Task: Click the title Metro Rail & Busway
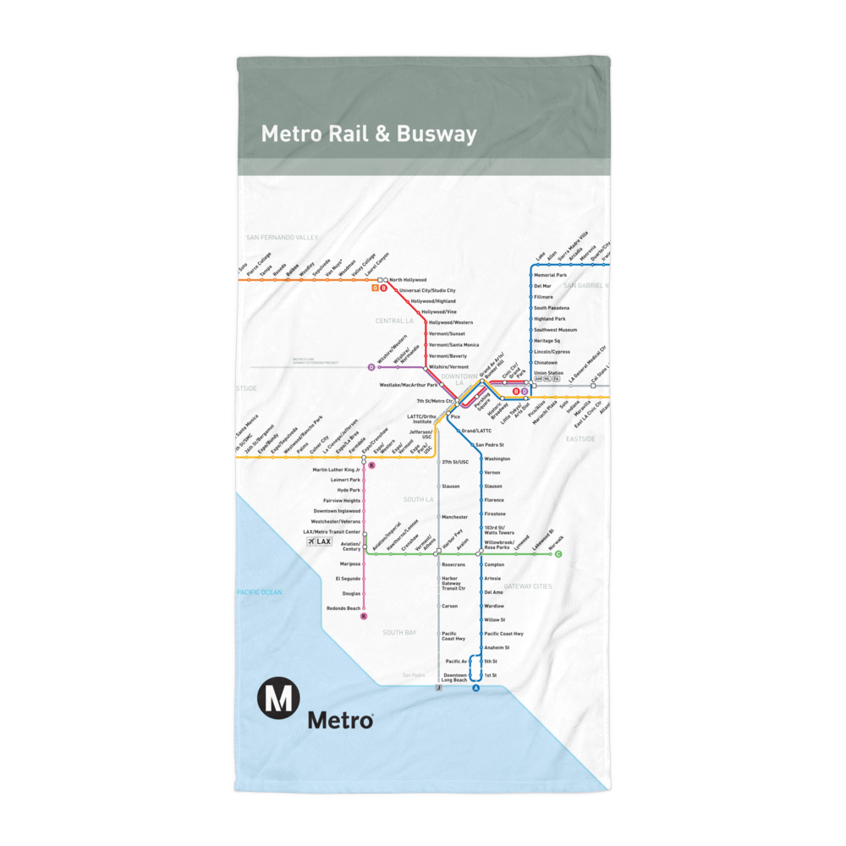pos(369,135)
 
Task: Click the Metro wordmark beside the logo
pos(340,720)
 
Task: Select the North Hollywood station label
pos(408,279)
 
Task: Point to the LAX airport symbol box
pos(320,541)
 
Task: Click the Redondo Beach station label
pos(343,608)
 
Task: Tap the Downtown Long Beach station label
pos(454,678)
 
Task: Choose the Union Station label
pos(548,373)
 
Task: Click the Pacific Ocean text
pos(260,592)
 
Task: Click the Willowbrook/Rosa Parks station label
pos(499,545)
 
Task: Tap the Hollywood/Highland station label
pos(433,301)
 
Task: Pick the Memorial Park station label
pos(550,275)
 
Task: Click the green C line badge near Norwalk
pos(558,554)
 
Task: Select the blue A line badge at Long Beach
pos(475,689)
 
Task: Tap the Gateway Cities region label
pos(527,586)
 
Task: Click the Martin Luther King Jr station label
pos(336,469)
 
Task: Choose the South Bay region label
pos(398,633)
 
